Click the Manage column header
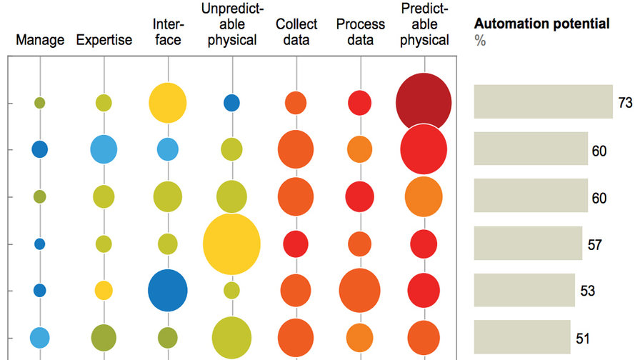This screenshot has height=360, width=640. (x=40, y=40)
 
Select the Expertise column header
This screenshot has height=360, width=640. (x=104, y=40)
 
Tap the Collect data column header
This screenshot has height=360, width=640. (x=296, y=32)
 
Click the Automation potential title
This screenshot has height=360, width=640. (x=541, y=24)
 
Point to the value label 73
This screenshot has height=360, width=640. (x=626, y=103)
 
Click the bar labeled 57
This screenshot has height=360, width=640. (x=528, y=244)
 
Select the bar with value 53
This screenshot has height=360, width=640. (x=524, y=291)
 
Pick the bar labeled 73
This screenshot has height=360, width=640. (x=544, y=101)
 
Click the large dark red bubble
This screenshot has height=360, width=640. (x=424, y=102)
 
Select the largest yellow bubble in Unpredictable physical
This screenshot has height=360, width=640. (x=231, y=244)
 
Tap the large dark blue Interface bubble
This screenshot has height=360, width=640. (x=167, y=291)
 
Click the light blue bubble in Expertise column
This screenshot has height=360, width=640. (x=104, y=149)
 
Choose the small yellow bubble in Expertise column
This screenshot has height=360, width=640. (x=104, y=290)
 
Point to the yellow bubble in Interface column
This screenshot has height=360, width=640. (x=167, y=103)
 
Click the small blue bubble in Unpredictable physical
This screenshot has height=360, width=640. (x=231, y=103)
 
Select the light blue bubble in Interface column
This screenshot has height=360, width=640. (x=167, y=149)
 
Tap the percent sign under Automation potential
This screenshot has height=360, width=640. (x=480, y=41)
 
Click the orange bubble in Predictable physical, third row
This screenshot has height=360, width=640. (x=424, y=196)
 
